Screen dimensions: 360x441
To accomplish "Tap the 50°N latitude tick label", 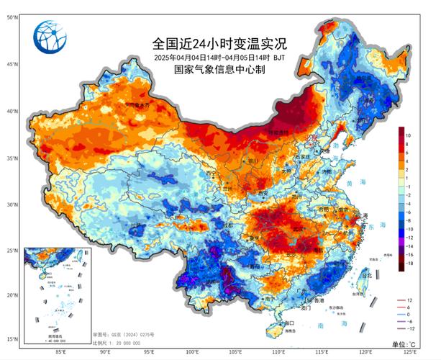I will pyautogui.click(x=12, y=17).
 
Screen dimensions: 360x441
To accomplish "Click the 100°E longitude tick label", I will pyautogui.click(x=193, y=352).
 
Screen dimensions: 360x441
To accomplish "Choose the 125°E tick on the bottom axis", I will pyautogui.click(x=412, y=352).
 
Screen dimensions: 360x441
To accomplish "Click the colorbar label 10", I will pyautogui.click(x=407, y=135).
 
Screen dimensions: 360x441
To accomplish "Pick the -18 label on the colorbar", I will pyautogui.click(x=409, y=265).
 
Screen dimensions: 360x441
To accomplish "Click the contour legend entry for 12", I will pyautogui.click(x=408, y=299).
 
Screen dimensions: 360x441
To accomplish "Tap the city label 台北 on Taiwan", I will pyautogui.click(x=367, y=276).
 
